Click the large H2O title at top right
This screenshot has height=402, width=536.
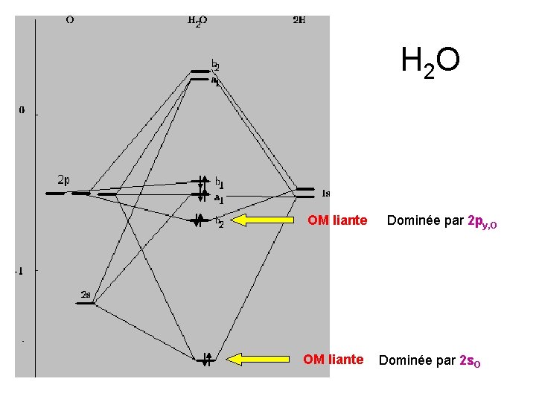tap(430, 63)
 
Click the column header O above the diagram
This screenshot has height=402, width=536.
tap(69, 20)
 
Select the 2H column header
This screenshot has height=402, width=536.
tap(298, 20)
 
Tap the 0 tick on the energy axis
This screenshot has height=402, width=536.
tap(22, 110)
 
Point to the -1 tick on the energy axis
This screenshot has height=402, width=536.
tap(19, 271)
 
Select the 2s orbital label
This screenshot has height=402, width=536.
tap(86, 296)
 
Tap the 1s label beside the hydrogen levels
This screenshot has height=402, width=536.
tap(325, 194)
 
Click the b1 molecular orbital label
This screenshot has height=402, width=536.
tap(220, 182)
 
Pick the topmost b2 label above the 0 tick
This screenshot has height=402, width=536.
tap(215, 64)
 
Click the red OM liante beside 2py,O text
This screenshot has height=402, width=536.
tap(337, 220)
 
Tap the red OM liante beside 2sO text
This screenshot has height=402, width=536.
tap(333, 360)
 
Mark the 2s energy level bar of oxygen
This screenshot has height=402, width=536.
tap(88, 303)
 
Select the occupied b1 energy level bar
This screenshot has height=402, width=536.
tap(201, 182)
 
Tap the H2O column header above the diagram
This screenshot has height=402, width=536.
tap(197, 21)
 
